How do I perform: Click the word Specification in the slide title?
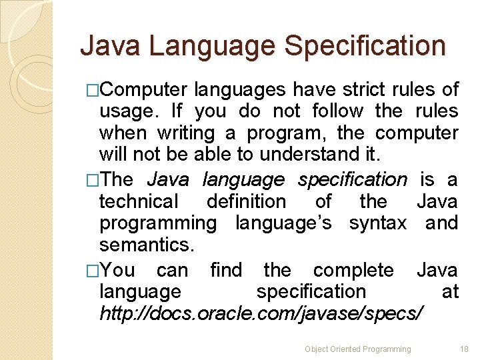[x=365, y=46]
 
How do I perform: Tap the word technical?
[x=139, y=201]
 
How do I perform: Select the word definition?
[x=246, y=201]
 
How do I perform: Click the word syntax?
[x=377, y=223]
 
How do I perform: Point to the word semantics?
[x=147, y=245]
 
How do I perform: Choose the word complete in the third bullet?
[x=353, y=270]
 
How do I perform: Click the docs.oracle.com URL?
[x=261, y=313]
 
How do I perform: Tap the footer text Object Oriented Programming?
[x=358, y=349]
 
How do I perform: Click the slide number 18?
[x=465, y=349]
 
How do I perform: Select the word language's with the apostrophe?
[x=283, y=223]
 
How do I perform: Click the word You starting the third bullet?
[x=119, y=270]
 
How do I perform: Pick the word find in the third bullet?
[x=226, y=270]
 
